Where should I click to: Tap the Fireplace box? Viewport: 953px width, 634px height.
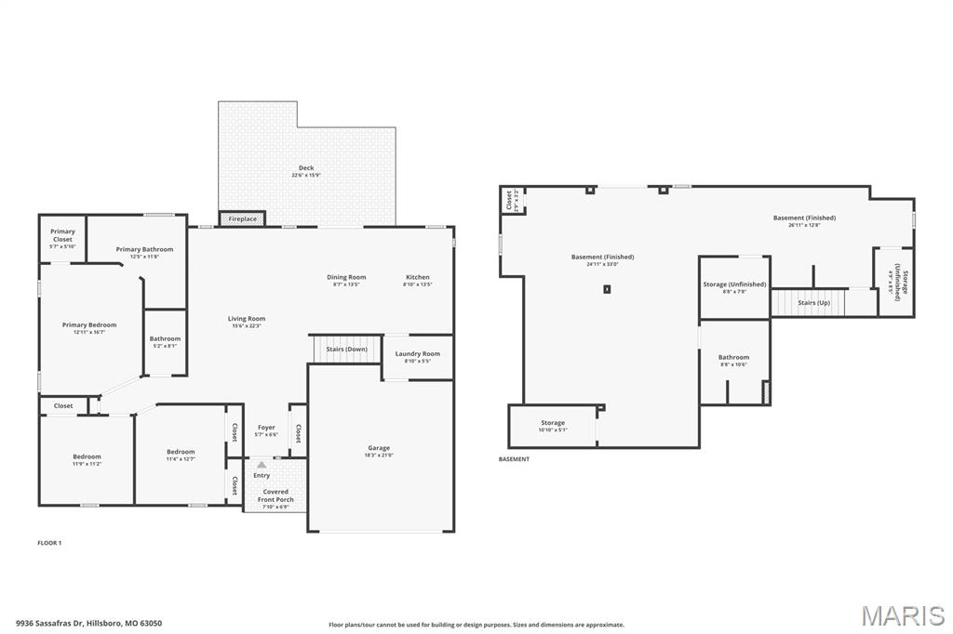point(242,219)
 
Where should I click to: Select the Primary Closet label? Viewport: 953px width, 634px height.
point(62,235)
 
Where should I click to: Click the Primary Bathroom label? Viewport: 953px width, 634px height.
point(144,249)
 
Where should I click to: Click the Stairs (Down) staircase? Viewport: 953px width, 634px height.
point(346,350)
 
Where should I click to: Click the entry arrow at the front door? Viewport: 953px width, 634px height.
point(262,464)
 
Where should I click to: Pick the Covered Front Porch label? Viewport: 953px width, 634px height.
point(275,495)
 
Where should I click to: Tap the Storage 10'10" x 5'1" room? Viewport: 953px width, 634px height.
point(553,426)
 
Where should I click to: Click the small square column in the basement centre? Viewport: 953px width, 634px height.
point(607,289)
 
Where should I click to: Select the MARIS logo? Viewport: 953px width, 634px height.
point(902,615)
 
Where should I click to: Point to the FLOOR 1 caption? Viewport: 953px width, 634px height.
point(49,543)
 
